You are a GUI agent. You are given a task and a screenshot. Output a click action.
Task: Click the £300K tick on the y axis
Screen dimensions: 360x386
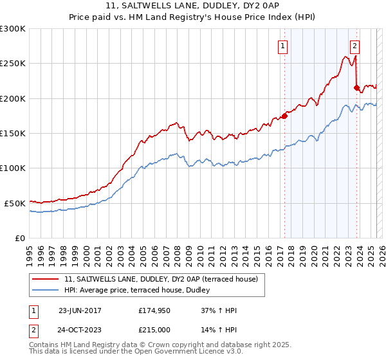coord(13,29)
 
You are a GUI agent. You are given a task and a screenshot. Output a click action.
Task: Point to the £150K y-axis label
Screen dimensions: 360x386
coord(13,133)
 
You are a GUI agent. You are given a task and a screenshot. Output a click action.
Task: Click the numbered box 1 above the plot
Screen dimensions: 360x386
coord(283,46)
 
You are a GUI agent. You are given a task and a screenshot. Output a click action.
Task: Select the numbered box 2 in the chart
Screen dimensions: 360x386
coord(355,46)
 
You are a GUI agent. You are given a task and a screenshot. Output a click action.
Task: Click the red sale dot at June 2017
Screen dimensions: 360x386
coord(284,116)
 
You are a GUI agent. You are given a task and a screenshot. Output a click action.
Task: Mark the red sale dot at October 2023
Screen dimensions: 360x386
coord(356,88)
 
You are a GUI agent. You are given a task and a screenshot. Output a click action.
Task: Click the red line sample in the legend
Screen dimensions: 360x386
coord(46,280)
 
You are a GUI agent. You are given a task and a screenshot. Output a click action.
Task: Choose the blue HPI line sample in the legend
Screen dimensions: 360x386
coord(46,291)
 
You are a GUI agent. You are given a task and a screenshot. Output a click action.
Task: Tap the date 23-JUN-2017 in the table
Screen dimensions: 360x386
coord(80,310)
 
